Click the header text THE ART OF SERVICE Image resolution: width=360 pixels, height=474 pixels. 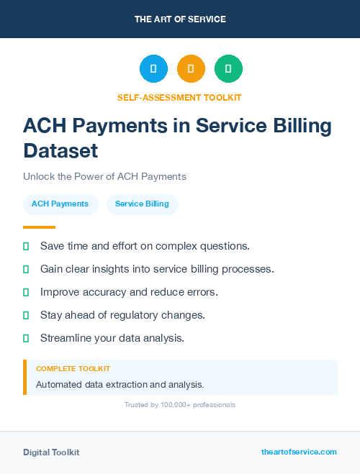[180, 19]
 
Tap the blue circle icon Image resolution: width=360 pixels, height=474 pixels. [153, 69]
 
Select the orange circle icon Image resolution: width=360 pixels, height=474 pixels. [191, 69]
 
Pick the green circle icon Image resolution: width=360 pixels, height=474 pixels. [228, 69]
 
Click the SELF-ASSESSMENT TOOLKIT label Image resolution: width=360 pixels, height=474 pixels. [179, 97]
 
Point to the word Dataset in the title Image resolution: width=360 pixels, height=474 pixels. [60, 151]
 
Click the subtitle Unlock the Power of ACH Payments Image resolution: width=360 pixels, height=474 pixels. [104, 176]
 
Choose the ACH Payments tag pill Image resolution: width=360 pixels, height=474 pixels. [60, 204]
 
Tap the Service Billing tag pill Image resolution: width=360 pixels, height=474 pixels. [142, 204]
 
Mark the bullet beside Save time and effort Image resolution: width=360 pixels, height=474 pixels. [26, 246]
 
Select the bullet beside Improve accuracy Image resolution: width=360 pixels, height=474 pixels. [26, 292]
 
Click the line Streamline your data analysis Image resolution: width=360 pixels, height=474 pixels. [112, 338]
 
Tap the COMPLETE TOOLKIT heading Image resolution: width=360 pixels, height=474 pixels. [73, 368]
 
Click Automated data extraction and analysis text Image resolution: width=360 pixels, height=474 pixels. [120, 384]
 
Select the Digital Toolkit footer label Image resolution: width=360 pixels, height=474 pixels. [51, 452]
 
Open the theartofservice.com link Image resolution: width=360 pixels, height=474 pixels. [299, 452]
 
